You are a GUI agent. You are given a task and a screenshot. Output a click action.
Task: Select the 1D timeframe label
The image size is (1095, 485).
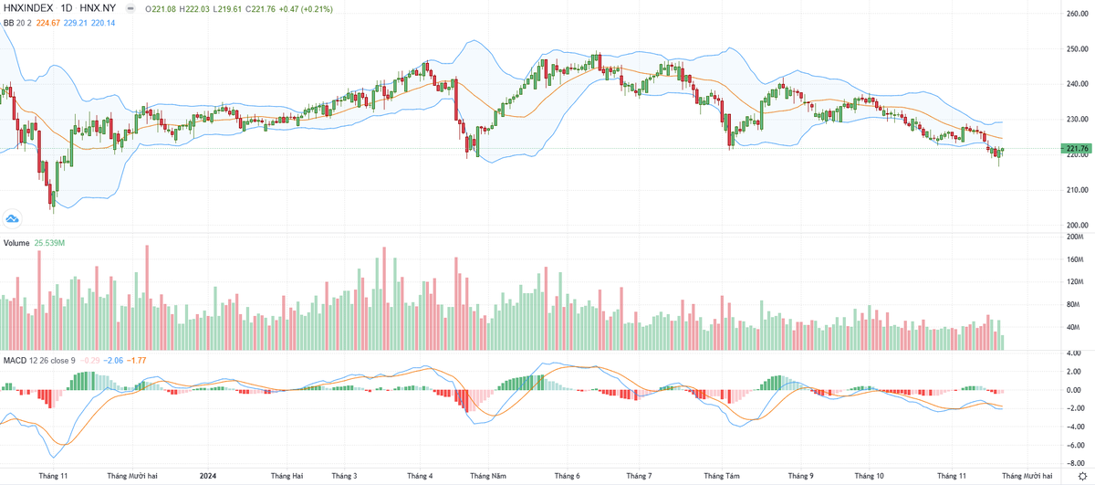pos(67,8)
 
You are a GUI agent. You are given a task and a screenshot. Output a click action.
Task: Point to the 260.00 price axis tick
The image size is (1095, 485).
pos(1077,14)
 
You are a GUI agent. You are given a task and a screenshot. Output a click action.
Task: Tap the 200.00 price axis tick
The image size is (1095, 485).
pos(1077,225)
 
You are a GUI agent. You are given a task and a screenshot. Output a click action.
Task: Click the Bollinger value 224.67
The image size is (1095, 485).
pos(49,22)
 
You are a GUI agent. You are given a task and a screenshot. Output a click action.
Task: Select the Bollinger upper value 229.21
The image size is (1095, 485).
pos(80,22)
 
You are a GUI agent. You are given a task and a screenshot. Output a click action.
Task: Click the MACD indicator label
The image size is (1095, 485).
pos(16,360)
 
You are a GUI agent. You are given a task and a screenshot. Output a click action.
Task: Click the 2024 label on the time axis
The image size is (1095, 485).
pos(209,476)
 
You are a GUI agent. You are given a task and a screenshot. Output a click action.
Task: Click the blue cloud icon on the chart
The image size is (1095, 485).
pos(13,218)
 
